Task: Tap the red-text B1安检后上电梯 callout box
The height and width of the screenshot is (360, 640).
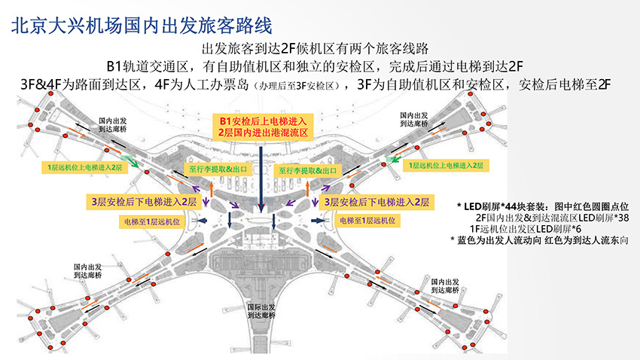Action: pos(261,126)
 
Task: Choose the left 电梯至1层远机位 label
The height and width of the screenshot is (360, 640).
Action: pos(152,221)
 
